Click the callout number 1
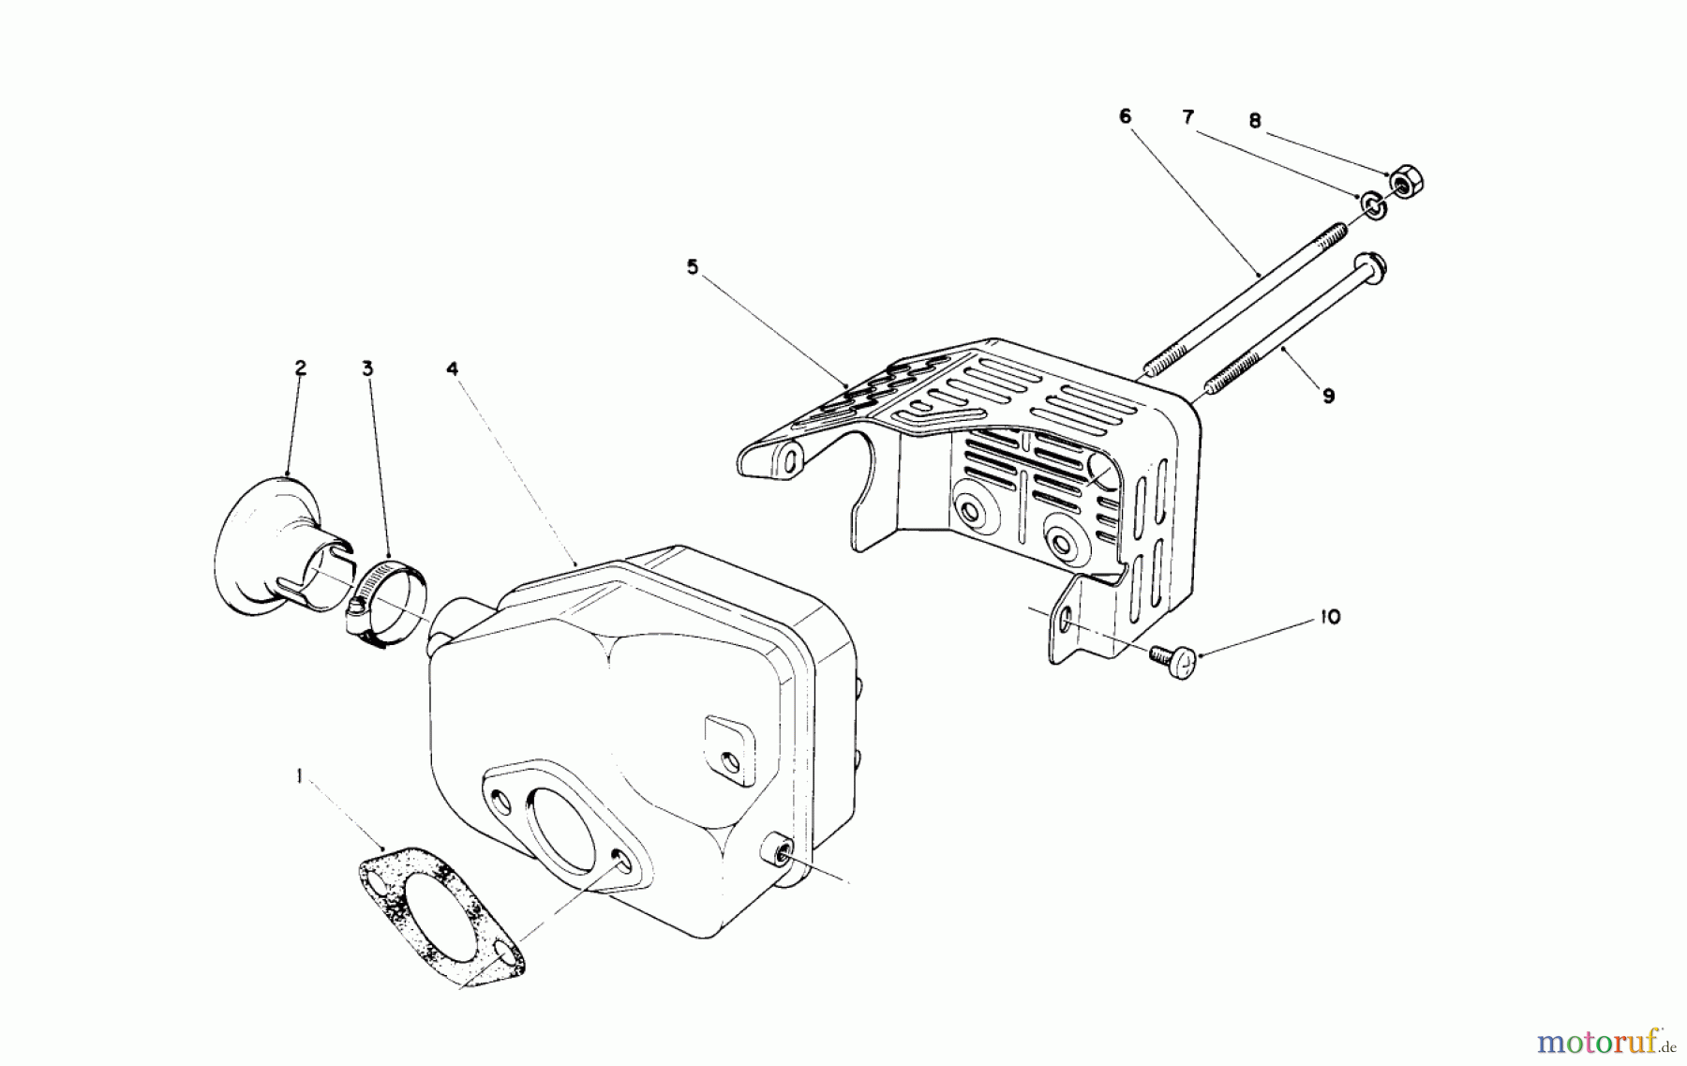tap(298, 776)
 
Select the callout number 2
tap(300, 368)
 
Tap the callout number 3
tap(367, 368)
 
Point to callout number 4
tap(453, 368)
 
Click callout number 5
tap(692, 267)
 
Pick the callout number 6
tap(1125, 116)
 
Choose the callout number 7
tap(1187, 117)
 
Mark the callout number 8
tap(1255, 121)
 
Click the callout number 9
tap(1328, 396)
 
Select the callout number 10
tap(1330, 617)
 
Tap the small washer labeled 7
tap(1371, 205)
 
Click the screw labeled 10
tap(1176, 662)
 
